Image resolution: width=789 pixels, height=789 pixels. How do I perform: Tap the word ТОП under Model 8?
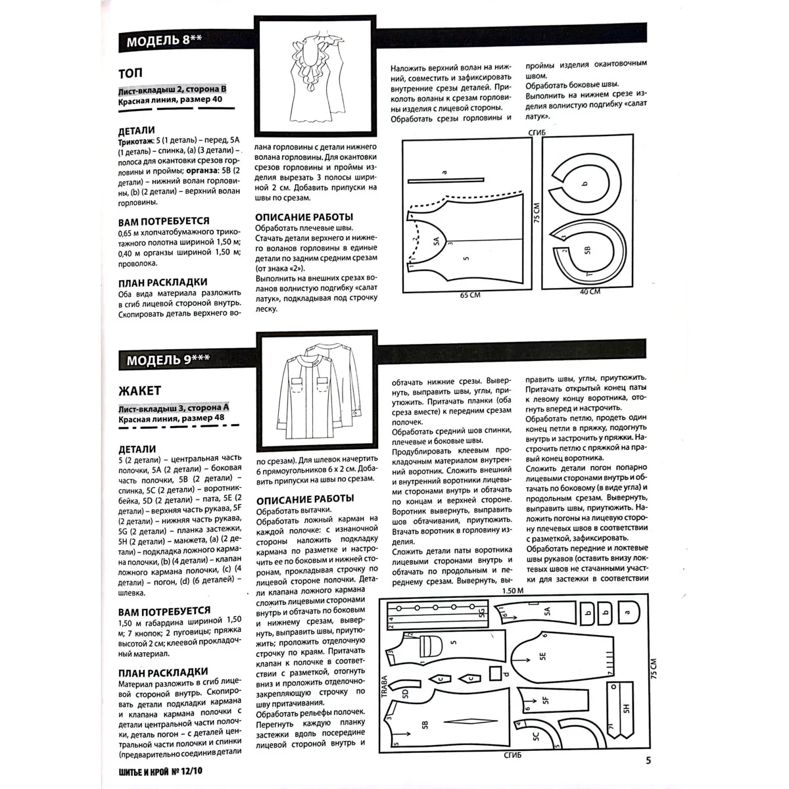tap(130, 72)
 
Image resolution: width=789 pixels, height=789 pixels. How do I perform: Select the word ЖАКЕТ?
tap(139, 391)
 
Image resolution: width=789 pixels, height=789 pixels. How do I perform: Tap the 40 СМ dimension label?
tap(589, 291)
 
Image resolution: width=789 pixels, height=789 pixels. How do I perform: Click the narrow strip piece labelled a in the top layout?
tap(446, 178)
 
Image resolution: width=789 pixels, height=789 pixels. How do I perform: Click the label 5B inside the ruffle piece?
tap(588, 250)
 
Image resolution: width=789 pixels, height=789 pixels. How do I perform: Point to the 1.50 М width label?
tap(512, 590)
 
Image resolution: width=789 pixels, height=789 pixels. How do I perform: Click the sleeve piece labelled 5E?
tap(543, 656)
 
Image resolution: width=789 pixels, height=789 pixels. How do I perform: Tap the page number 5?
tap(648, 761)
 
